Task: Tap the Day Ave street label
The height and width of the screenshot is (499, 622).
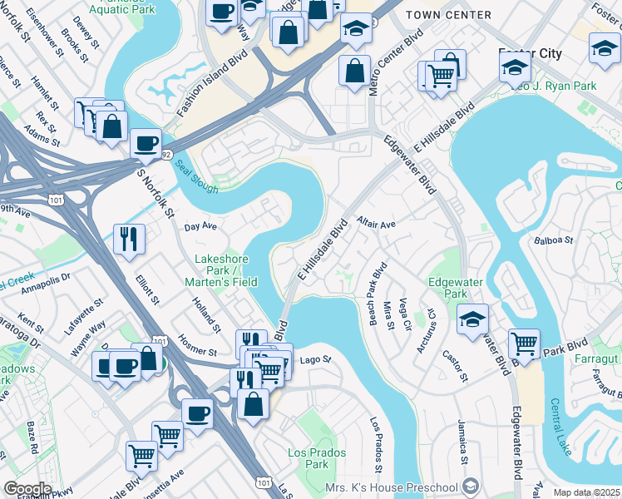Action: pos(200,226)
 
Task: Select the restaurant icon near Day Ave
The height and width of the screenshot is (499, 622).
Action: pos(129,238)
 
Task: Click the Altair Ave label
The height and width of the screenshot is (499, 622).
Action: pos(376,224)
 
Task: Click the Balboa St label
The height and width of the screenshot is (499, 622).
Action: pos(556,240)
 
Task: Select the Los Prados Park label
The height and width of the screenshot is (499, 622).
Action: pos(309,457)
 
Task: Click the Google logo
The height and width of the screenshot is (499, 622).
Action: pos(27,488)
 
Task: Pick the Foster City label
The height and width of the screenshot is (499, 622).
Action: pos(530,53)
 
